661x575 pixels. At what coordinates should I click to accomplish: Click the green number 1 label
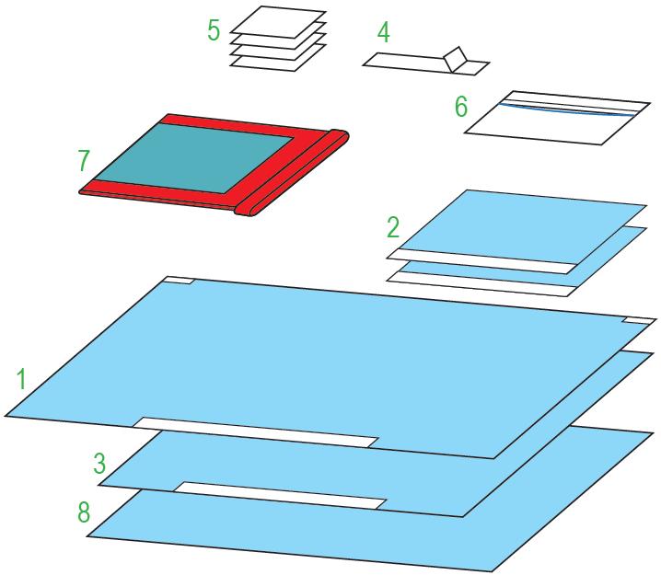tap(21, 378)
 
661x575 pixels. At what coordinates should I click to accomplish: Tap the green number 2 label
tap(393, 227)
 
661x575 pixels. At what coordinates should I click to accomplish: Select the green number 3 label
tap(99, 463)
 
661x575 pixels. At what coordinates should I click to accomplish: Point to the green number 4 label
tap(383, 33)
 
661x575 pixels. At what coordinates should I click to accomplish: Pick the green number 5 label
tap(214, 29)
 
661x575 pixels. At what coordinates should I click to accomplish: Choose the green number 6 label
tap(460, 106)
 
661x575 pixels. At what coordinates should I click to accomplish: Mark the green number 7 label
tap(84, 160)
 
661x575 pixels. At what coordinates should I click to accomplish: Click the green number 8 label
tap(84, 512)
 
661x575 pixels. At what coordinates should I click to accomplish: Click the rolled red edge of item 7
tap(292, 173)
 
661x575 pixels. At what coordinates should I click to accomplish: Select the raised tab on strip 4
tap(456, 59)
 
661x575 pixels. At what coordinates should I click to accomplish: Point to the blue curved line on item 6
tap(566, 109)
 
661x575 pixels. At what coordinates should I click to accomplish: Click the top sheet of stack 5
tap(278, 22)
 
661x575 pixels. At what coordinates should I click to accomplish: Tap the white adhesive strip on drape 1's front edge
tap(255, 432)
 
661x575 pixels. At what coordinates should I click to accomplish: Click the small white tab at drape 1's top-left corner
tap(179, 280)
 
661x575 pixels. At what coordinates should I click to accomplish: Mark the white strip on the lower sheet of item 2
tap(481, 284)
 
